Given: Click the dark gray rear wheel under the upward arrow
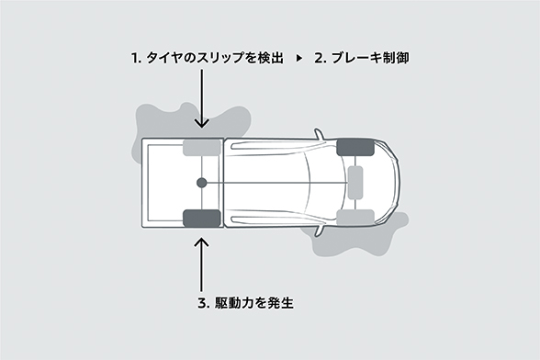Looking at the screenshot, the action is (x=201, y=218).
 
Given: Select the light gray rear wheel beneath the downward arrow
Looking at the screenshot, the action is (x=201, y=148).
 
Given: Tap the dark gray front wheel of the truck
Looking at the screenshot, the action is (x=355, y=147).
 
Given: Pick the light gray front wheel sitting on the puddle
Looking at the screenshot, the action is (x=355, y=218).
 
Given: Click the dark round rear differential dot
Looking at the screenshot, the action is (x=201, y=183).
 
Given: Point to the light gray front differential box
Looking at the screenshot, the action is (x=355, y=183).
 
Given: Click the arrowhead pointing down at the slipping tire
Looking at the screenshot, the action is (x=202, y=123).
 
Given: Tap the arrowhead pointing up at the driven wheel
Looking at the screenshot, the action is (x=202, y=242).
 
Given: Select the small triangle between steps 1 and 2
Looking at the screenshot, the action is (x=299, y=58).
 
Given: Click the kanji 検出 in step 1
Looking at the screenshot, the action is (x=270, y=58).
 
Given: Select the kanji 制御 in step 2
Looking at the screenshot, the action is (x=396, y=58).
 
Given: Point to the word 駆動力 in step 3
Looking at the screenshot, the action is (x=234, y=303).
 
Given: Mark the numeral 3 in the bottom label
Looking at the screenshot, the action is (x=202, y=303).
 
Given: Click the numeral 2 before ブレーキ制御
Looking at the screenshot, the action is (x=319, y=58).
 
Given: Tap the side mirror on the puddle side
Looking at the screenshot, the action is (x=320, y=230).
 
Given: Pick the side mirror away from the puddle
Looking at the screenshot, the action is (x=320, y=135).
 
